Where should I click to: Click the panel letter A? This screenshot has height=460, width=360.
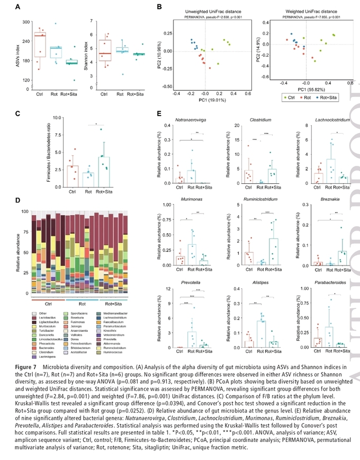tap(18, 7)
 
